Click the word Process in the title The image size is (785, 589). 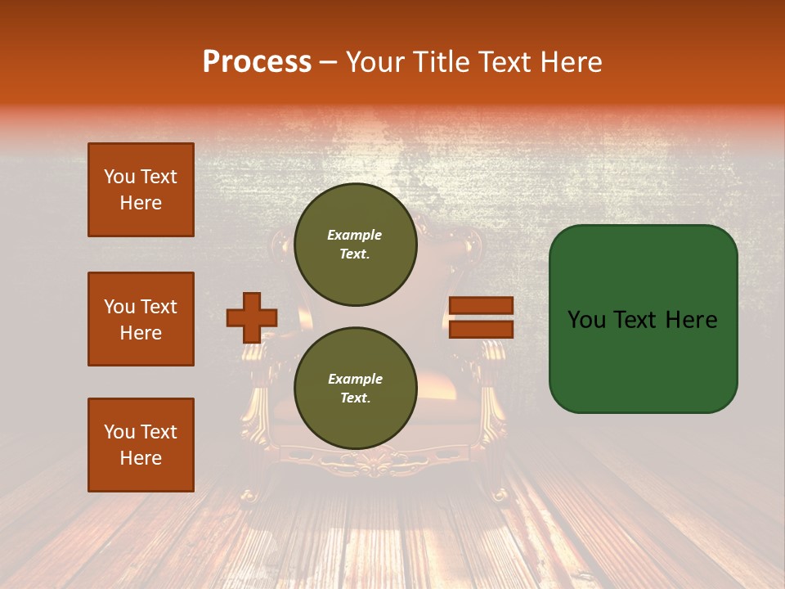coord(257,62)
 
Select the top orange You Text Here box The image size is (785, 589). coord(141,190)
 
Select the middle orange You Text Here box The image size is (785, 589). coord(141,319)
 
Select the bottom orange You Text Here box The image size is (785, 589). coord(141,445)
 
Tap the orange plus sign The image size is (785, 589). coord(252,317)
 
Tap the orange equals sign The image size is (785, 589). coord(481,317)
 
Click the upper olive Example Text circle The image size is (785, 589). coord(355,245)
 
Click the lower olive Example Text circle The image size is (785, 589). coord(355,389)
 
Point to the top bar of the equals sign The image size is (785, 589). coord(481,306)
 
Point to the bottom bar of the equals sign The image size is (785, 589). coord(481,329)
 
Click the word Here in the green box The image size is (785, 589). coord(691,320)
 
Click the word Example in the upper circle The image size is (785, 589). coord(355,235)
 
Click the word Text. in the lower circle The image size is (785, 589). coord(355,398)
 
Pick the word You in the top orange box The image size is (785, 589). coord(119,177)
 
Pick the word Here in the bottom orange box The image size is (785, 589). coord(141,458)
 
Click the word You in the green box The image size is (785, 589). coord(587,320)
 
